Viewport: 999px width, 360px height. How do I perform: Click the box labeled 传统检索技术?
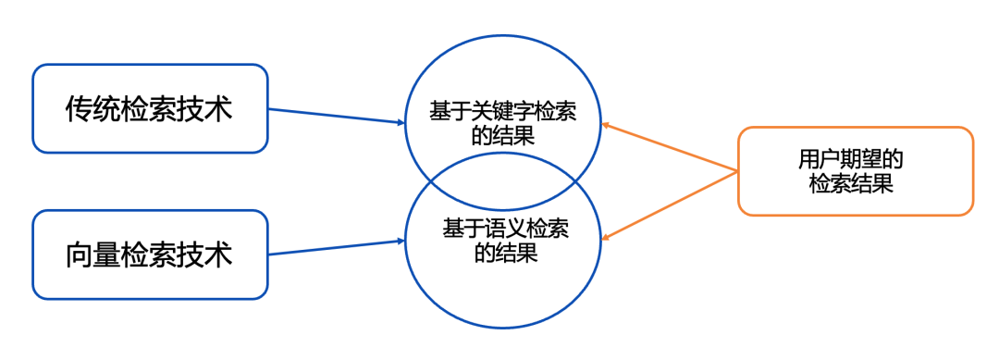(150, 108)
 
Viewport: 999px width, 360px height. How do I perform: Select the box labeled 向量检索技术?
(150, 254)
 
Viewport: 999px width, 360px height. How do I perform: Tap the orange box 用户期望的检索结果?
(855, 171)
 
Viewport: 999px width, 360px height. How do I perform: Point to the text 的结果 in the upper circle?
(503, 135)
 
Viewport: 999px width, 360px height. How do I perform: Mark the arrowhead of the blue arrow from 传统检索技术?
(401, 122)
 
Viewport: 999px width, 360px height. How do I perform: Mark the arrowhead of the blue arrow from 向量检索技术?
(401, 241)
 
